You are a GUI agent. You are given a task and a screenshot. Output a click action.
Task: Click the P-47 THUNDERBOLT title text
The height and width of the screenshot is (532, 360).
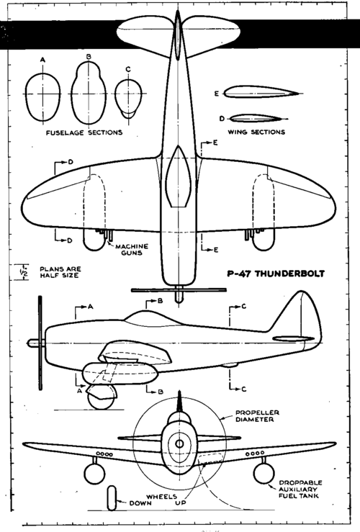tap(276, 274)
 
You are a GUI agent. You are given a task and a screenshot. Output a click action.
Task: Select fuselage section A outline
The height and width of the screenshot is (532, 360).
tap(26, 96)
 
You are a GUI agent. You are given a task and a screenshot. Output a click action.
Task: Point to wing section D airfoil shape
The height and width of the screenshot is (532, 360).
tap(254, 115)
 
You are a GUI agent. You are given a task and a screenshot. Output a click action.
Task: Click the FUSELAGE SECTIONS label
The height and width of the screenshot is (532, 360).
tap(84, 132)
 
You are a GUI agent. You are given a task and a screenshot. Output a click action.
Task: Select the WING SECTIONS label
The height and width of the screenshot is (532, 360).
tap(256, 132)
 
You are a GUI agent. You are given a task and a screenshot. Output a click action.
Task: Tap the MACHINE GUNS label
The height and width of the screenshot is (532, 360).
tap(132, 249)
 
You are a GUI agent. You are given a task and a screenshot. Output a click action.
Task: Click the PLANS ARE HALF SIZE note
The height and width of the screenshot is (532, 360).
tap(60, 272)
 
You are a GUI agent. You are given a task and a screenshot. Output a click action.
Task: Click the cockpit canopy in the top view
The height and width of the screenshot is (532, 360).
tap(179, 176)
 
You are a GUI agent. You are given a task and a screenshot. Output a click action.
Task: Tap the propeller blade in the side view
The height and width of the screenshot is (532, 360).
tap(41, 343)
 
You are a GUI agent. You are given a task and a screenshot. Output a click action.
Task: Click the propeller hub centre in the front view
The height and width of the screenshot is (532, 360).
tap(179, 443)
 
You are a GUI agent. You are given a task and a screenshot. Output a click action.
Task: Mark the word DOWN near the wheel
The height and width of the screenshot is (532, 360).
tap(140, 502)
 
